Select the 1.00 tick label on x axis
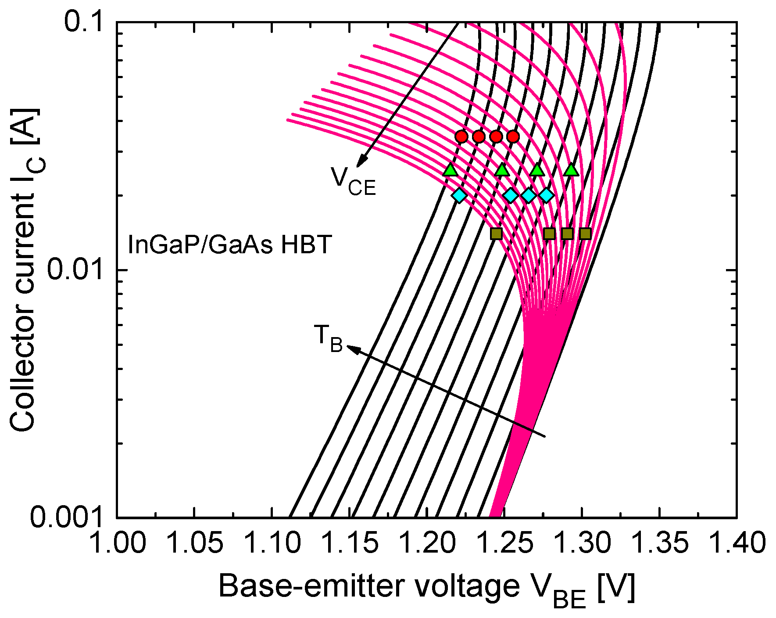pos(117,543)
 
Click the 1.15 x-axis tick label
pos(350,543)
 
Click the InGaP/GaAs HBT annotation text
pos(229,245)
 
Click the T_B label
pos(328,338)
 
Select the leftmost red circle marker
pos(461,137)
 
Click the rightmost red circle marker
pos(513,137)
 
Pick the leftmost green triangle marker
pos(450,170)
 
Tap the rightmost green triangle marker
pos(571,170)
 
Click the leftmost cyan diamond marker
pos(459,195)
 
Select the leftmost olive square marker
pos(496,234)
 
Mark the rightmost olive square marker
pos(585,234)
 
